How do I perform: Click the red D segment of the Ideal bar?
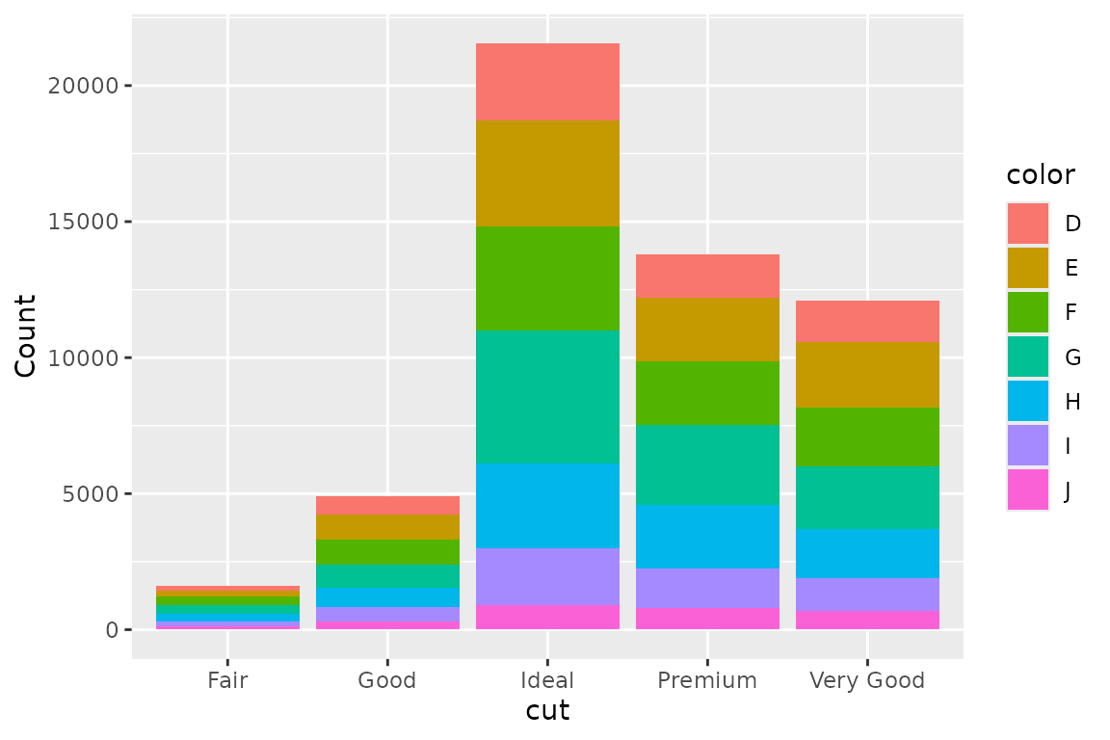pos(547,82)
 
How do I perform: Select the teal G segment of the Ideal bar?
pos(547,397)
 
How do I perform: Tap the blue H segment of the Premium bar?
pos(707,536)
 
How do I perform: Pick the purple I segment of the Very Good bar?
pos(867,594)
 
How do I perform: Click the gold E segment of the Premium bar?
pos(707,330)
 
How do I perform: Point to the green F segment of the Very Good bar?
pos(867,436)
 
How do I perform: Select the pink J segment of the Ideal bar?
pos(547,617)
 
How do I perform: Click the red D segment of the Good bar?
pos(387,505)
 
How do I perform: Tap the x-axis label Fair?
pos(227,681)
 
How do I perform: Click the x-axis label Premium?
pos(707,681)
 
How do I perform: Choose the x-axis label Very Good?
pos(867,681)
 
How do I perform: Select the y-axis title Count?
pos(26,335)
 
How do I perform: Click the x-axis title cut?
pos(547,712)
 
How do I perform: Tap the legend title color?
pos(1041,174)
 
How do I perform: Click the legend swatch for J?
pos(1028,489)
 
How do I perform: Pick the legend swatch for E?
pos(1028,268)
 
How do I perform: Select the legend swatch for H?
pos(1028,401)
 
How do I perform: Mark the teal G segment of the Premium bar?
pos(707,464)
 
